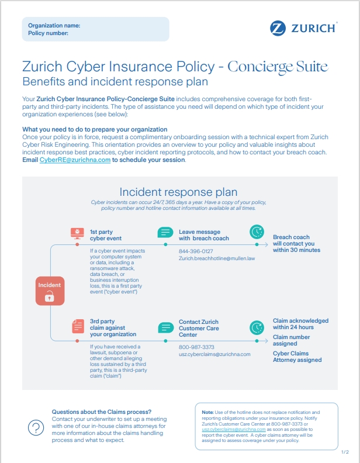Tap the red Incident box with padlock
tap(49, 289)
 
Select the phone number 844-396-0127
tap(196, 251)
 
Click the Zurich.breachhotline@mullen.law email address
tap(217, 258)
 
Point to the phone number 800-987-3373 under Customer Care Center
tap(196, 347)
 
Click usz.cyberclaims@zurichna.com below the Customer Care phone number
tap(214, 354)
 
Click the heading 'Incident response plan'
tap(178, 192)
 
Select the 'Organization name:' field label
tap(54, 26)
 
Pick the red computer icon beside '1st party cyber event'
tap(77, 233)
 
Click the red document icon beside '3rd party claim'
tap(77, 327)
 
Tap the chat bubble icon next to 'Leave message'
tap(165, 233)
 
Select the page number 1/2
tap(345, 452)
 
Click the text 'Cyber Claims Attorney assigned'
tap(297, 356)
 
